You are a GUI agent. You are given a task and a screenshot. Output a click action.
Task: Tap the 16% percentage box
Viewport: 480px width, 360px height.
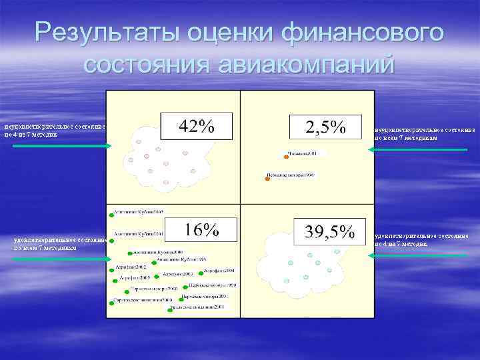[202, 230]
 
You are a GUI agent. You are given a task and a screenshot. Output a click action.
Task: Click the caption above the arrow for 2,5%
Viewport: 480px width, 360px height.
[425, 134]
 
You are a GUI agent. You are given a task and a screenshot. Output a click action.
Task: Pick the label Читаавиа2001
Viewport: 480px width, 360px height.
[307, 154]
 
